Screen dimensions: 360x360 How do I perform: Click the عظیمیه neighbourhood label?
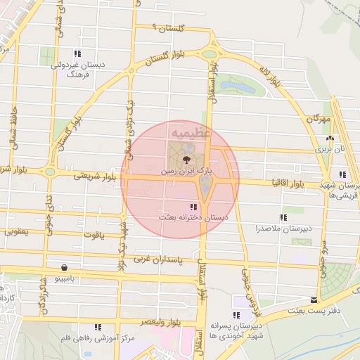186,132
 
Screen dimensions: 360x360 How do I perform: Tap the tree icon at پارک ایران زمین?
186,160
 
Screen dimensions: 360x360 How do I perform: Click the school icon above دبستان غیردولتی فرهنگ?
78,53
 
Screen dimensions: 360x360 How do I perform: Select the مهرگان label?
317,120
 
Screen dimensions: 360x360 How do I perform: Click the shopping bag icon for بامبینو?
65,268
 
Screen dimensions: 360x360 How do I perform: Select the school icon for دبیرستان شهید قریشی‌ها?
342,174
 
